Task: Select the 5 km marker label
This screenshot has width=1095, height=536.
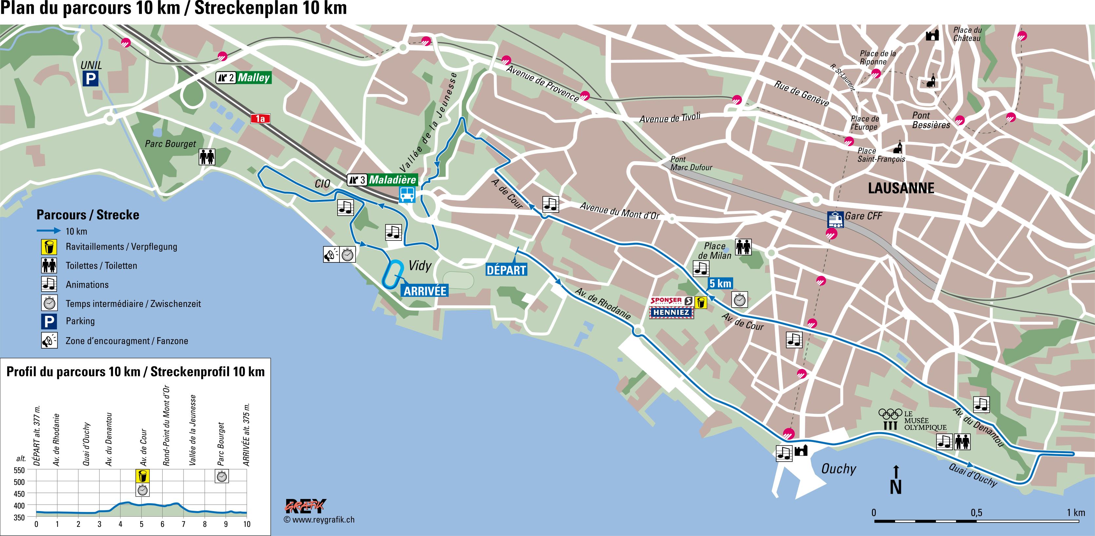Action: [x=720, y=283]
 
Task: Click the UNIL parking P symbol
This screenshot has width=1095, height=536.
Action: [x=90, y=79]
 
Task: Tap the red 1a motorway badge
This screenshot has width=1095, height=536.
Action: [x=260, y=119]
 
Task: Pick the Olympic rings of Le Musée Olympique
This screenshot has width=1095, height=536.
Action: [x=890, y=413]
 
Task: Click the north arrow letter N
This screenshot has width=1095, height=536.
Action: [x=896, y=488]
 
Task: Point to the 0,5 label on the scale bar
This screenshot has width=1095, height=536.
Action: [x=976, y=513]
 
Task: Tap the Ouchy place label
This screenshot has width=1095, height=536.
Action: [x=838, y=469]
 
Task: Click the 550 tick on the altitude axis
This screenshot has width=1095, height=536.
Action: [x=20, y=470]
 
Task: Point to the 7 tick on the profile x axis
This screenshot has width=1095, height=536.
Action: [x=184, y=524]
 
